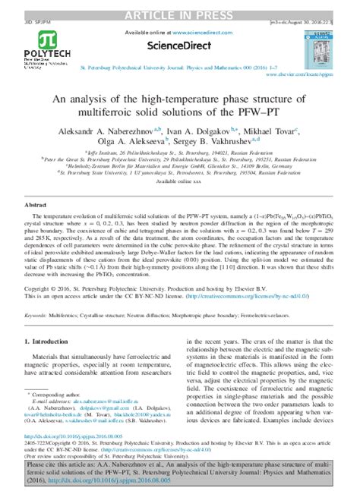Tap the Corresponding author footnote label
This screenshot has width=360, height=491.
(x=55, y=395)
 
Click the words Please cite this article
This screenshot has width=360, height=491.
(x=58, y=462)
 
